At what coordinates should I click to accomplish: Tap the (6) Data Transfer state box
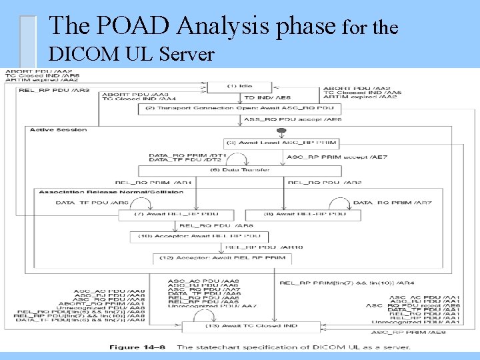tap(239, 170)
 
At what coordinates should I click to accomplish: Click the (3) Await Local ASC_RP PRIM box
tap(282, 143)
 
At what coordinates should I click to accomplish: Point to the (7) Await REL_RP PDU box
tap(177, 215)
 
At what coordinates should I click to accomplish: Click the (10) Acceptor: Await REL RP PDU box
tap(200, 236)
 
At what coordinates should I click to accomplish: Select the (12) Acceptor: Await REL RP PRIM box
tap(221, 257)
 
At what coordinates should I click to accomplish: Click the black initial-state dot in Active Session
tap(282, 131)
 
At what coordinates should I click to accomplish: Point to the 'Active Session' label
tap(58, 130)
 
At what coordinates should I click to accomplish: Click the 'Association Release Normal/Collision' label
tap(111, 192)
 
